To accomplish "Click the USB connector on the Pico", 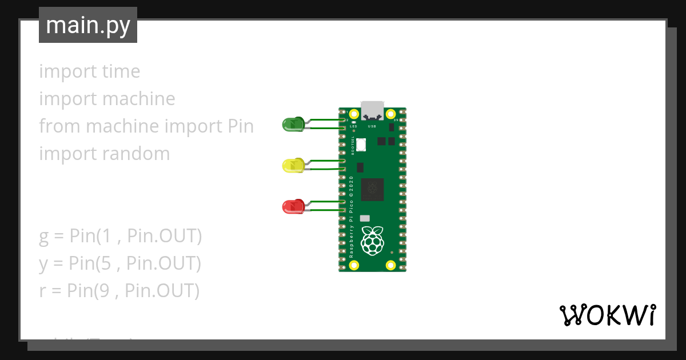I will [372, 109].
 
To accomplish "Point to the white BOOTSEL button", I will [361, 146].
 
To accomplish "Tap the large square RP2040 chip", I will [372, 189].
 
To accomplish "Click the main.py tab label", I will [88, 25].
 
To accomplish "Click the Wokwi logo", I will [607, 315].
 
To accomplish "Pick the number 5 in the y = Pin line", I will [111, 263].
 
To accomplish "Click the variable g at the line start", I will [44, 237].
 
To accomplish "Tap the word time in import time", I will [121, 71].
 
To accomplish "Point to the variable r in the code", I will [42, 291].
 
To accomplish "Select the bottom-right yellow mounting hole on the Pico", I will [390, 265].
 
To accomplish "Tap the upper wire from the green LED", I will [326, 121].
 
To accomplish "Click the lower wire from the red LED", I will [326, 211].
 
